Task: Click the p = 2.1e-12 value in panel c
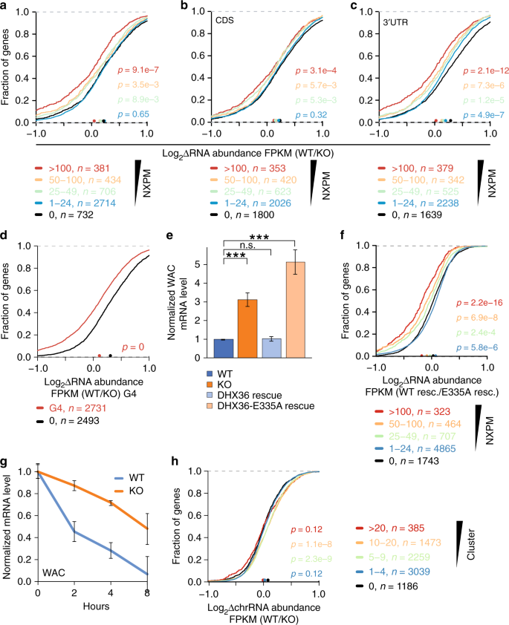(x=469, y=71)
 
